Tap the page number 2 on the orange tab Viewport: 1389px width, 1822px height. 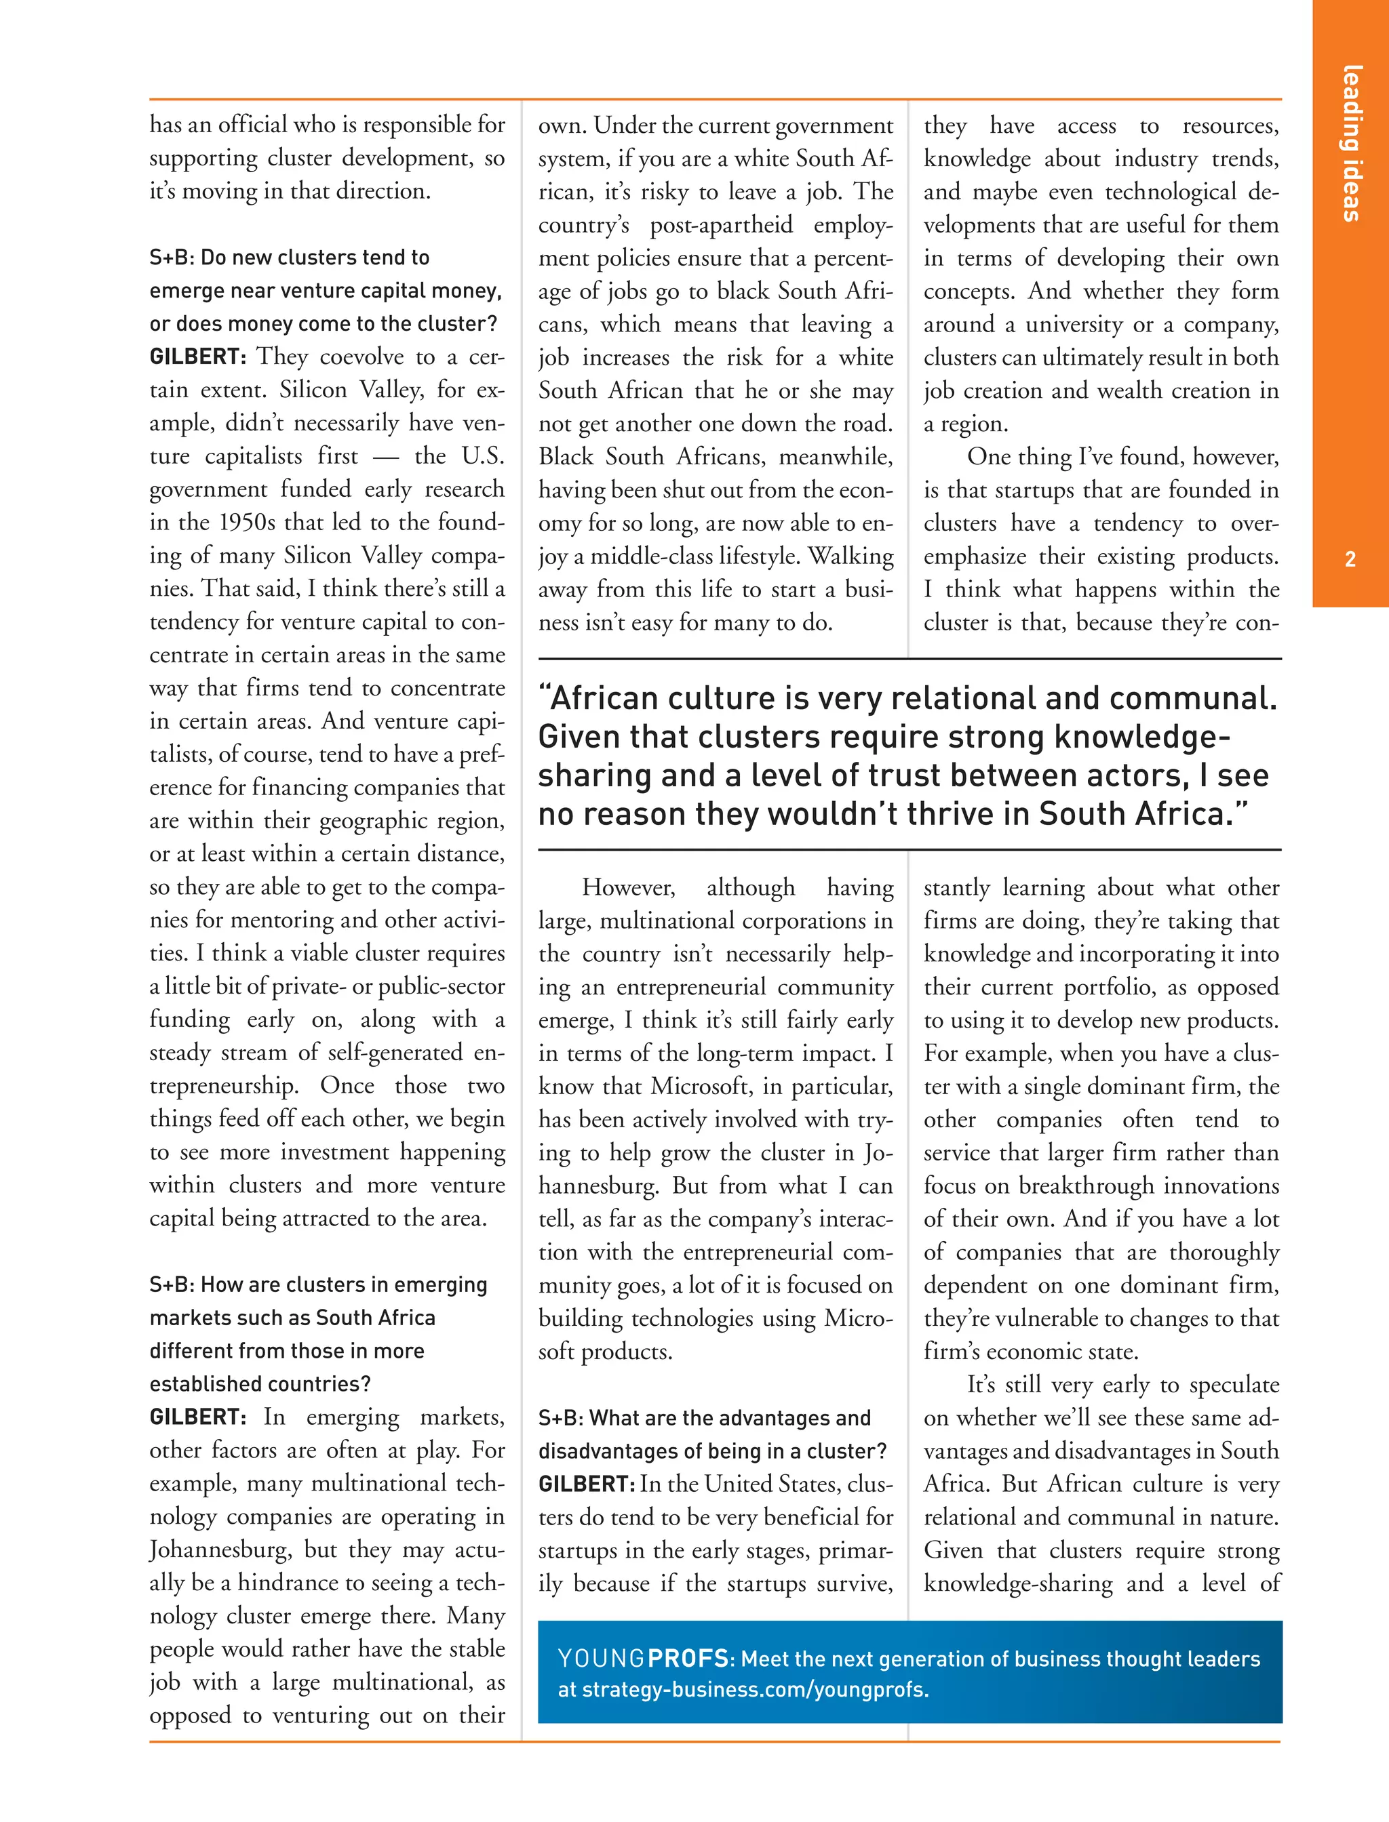tap(1350, 559)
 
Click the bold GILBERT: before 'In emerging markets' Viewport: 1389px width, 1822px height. tap(197, 1417)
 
